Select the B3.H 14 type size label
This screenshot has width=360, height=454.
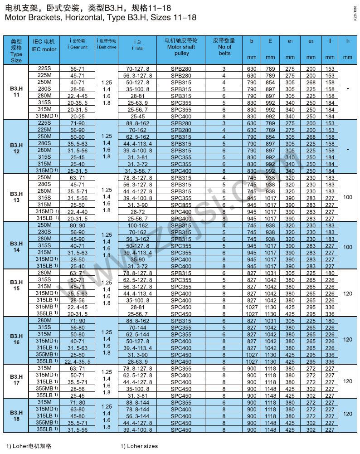pyautogui.click(x=16, y=246)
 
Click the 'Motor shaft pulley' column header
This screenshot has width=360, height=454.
pyautogui.click(x=181, y=47)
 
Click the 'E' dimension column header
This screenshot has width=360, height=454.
pyautogui.click(x=270, y=41)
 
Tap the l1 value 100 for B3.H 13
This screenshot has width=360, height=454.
pyautogui.click(x=347, y=198)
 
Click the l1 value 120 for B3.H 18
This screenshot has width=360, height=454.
pyautogui.click(x=347, y=414)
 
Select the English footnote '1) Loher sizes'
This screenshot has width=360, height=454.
pyautogui.click(x=139, y=446)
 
